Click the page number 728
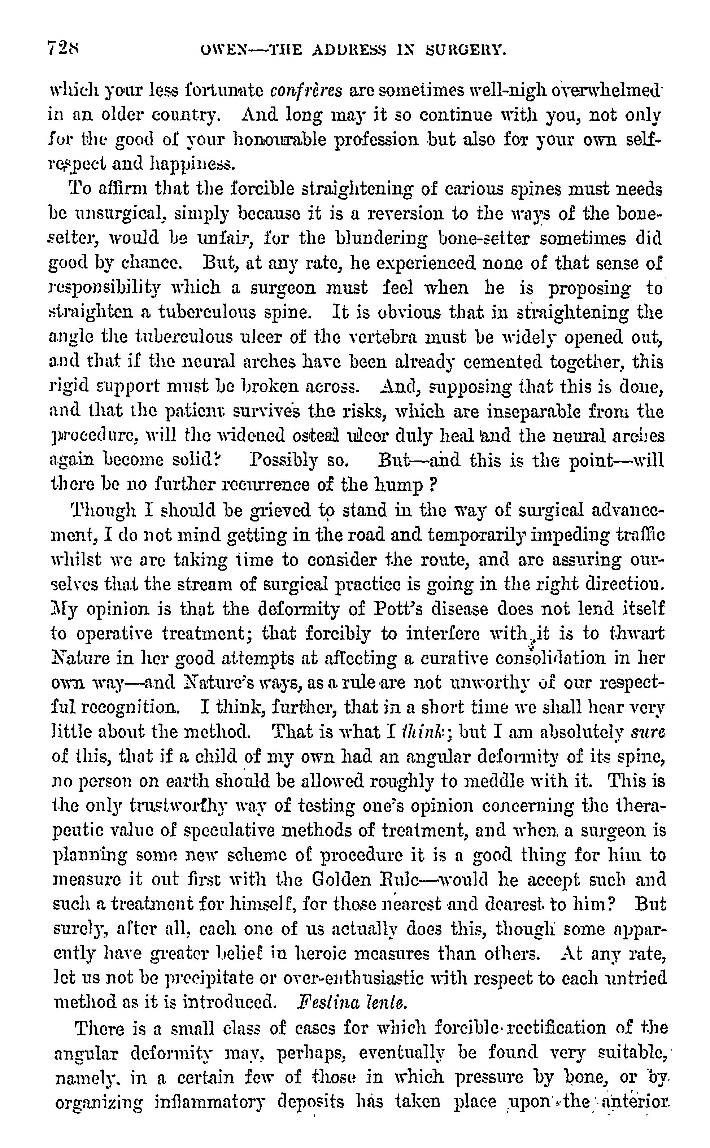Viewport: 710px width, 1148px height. tap(64, 48)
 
